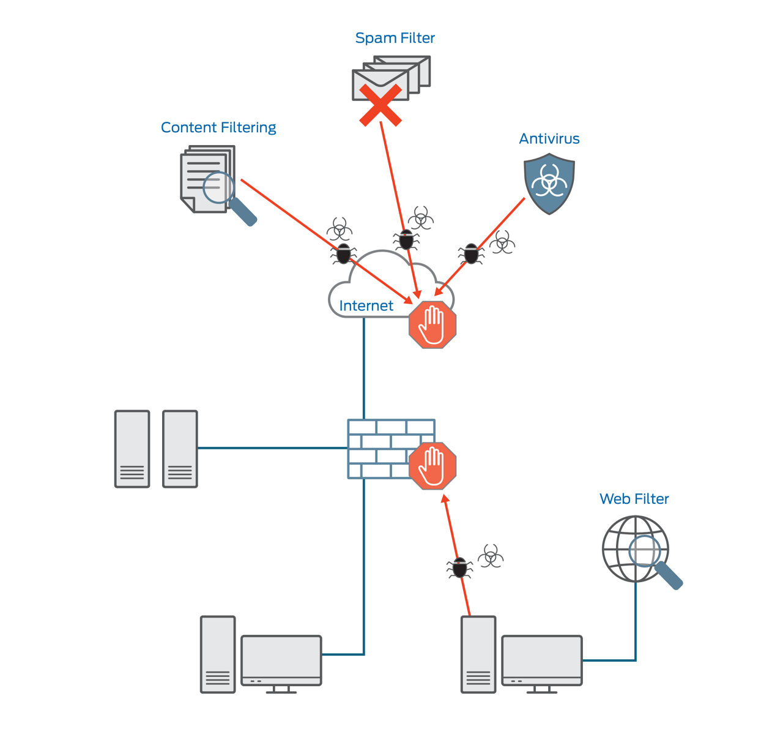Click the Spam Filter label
(395, 38)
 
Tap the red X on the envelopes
(380, 105)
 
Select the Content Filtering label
(218, 127)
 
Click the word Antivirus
(549, 139)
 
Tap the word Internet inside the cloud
(366, 305)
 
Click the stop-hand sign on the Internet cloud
(432, 324)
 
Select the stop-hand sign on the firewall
(432, 466)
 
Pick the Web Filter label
(634, 499)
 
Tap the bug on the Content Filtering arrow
(344, 253)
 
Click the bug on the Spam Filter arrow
(406, 239)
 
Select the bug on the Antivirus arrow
(471, 253)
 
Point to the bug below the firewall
(460, 567)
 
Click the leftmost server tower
(132, 449)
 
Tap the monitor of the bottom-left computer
(281, 660)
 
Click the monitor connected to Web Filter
(541, 660)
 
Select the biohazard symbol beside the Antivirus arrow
(502, 242)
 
